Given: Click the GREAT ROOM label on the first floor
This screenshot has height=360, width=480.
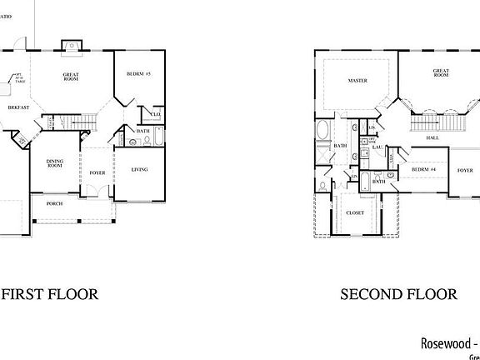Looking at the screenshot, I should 71,77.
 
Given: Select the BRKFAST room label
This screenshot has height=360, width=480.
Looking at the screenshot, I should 18,107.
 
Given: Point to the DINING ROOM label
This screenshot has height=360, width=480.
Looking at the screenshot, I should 54,164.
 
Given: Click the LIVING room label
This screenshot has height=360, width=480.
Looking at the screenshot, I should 140,170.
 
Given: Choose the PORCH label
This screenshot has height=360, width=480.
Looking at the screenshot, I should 54,203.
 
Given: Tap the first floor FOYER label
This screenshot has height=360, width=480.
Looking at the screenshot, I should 97,172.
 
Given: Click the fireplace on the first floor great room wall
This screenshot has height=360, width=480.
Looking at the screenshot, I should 71,45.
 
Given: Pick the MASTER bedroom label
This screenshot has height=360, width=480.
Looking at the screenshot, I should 358,81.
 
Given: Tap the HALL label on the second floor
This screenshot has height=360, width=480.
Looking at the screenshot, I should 432,137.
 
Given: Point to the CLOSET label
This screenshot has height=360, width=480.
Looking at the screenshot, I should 356,212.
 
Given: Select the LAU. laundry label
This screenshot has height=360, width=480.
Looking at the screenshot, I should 377,147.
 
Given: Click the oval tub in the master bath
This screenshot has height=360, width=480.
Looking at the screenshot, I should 323,131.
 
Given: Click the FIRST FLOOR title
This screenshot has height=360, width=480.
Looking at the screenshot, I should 50,294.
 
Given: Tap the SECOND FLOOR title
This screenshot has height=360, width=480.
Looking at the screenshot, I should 399,294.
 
